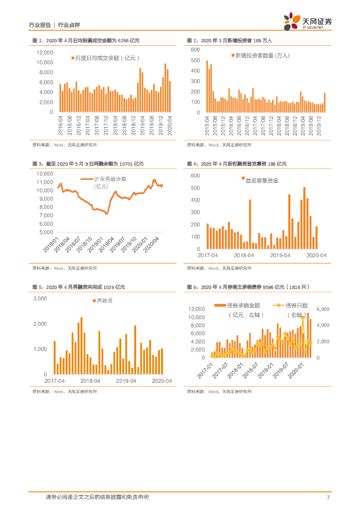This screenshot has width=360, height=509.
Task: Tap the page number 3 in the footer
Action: tap(328, 497)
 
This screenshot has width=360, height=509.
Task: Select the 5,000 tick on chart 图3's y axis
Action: tap(47, 232)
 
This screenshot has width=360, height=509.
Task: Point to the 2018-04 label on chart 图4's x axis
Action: tap(244, 255)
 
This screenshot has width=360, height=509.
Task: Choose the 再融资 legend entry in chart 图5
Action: tap(102, 301)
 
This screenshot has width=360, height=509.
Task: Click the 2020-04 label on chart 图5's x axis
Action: tap(163, 381)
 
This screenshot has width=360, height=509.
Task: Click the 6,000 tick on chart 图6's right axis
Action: tap(323, 309)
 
